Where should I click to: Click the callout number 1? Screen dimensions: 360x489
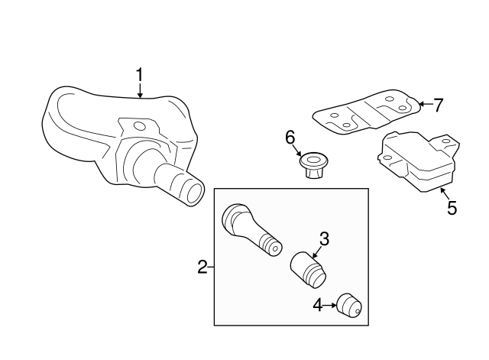(140, 75)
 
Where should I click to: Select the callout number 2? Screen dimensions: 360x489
(202, 267)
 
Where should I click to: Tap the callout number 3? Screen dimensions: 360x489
(324, 238)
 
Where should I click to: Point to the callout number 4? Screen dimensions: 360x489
(318, 306)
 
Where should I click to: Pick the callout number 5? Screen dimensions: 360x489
(452, 207)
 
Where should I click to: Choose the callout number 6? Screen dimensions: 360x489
(290, 137)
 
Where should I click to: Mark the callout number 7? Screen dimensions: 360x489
(438, 105)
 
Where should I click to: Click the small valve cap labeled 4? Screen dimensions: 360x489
(350, 306)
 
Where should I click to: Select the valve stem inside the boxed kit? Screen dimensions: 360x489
(248, 229)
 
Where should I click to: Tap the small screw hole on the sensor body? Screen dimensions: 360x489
(138, 125)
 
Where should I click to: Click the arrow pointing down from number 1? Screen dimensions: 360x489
(140, 92)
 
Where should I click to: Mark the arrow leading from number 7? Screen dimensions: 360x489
(424, 104)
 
